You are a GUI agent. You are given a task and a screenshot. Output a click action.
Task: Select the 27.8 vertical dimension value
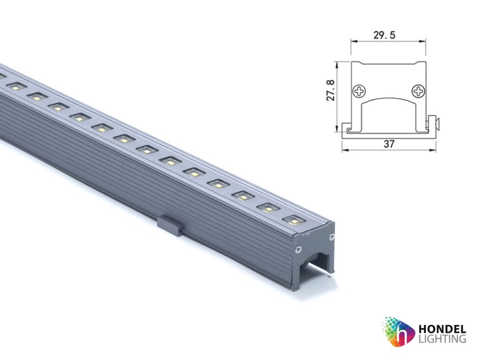pyautogui.click(x=330, y=90)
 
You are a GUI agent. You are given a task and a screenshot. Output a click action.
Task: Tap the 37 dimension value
pyautogui.click(x=389, y=144)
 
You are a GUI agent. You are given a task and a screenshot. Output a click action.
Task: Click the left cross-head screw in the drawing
pyautogui.click(x=360, y=90)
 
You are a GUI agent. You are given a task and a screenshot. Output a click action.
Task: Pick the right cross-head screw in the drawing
pyautogui.click(x=417, y=90)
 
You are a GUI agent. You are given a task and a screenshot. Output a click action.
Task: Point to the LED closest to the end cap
pyautogui.click(x=293, y=219)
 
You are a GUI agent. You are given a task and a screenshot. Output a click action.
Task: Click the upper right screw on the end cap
pyautogui.click(x=332, y=236)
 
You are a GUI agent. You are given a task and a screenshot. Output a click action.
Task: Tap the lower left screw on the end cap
pyautogui.click(x=297, y=249)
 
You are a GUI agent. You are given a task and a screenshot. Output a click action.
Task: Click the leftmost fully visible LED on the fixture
pyautogui.click(x=15, y=86)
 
